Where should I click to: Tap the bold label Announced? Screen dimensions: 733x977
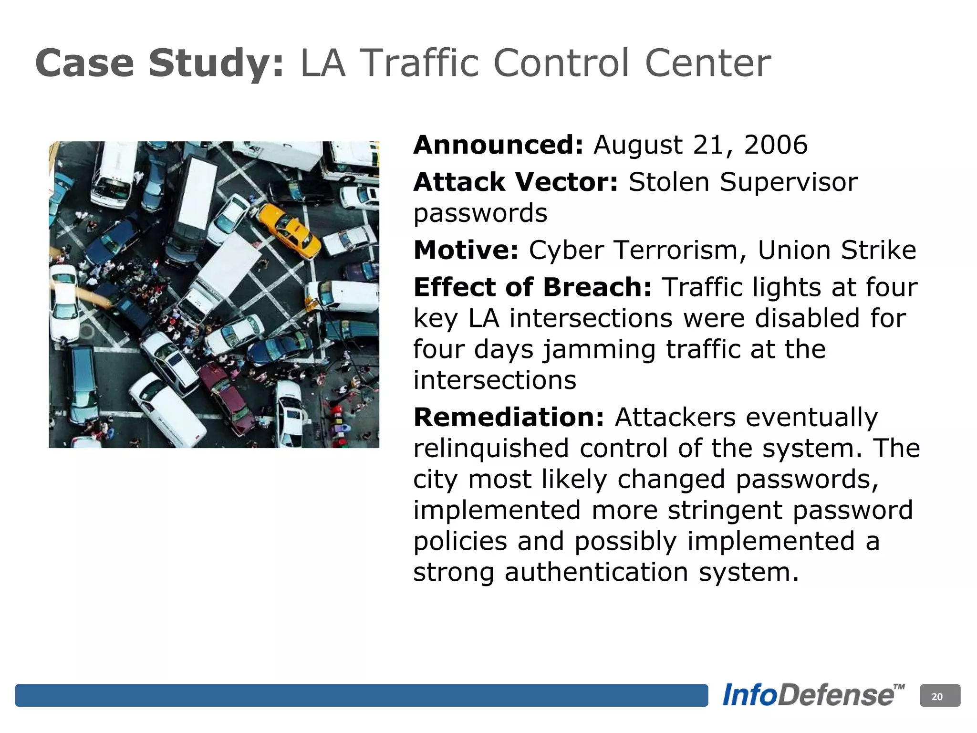[498, 145]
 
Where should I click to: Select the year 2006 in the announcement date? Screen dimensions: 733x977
[776, 145]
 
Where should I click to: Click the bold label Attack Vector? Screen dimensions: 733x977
[516, 182]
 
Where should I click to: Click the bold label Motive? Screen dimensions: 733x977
[466, 250]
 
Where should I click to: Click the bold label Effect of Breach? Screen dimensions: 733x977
[532, 287]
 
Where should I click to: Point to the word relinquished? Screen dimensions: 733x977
[491, 449]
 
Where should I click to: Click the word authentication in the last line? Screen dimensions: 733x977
[596, 572]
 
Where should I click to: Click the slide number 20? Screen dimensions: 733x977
[937, 696]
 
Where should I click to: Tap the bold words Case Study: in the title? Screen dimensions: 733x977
[160, 63]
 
